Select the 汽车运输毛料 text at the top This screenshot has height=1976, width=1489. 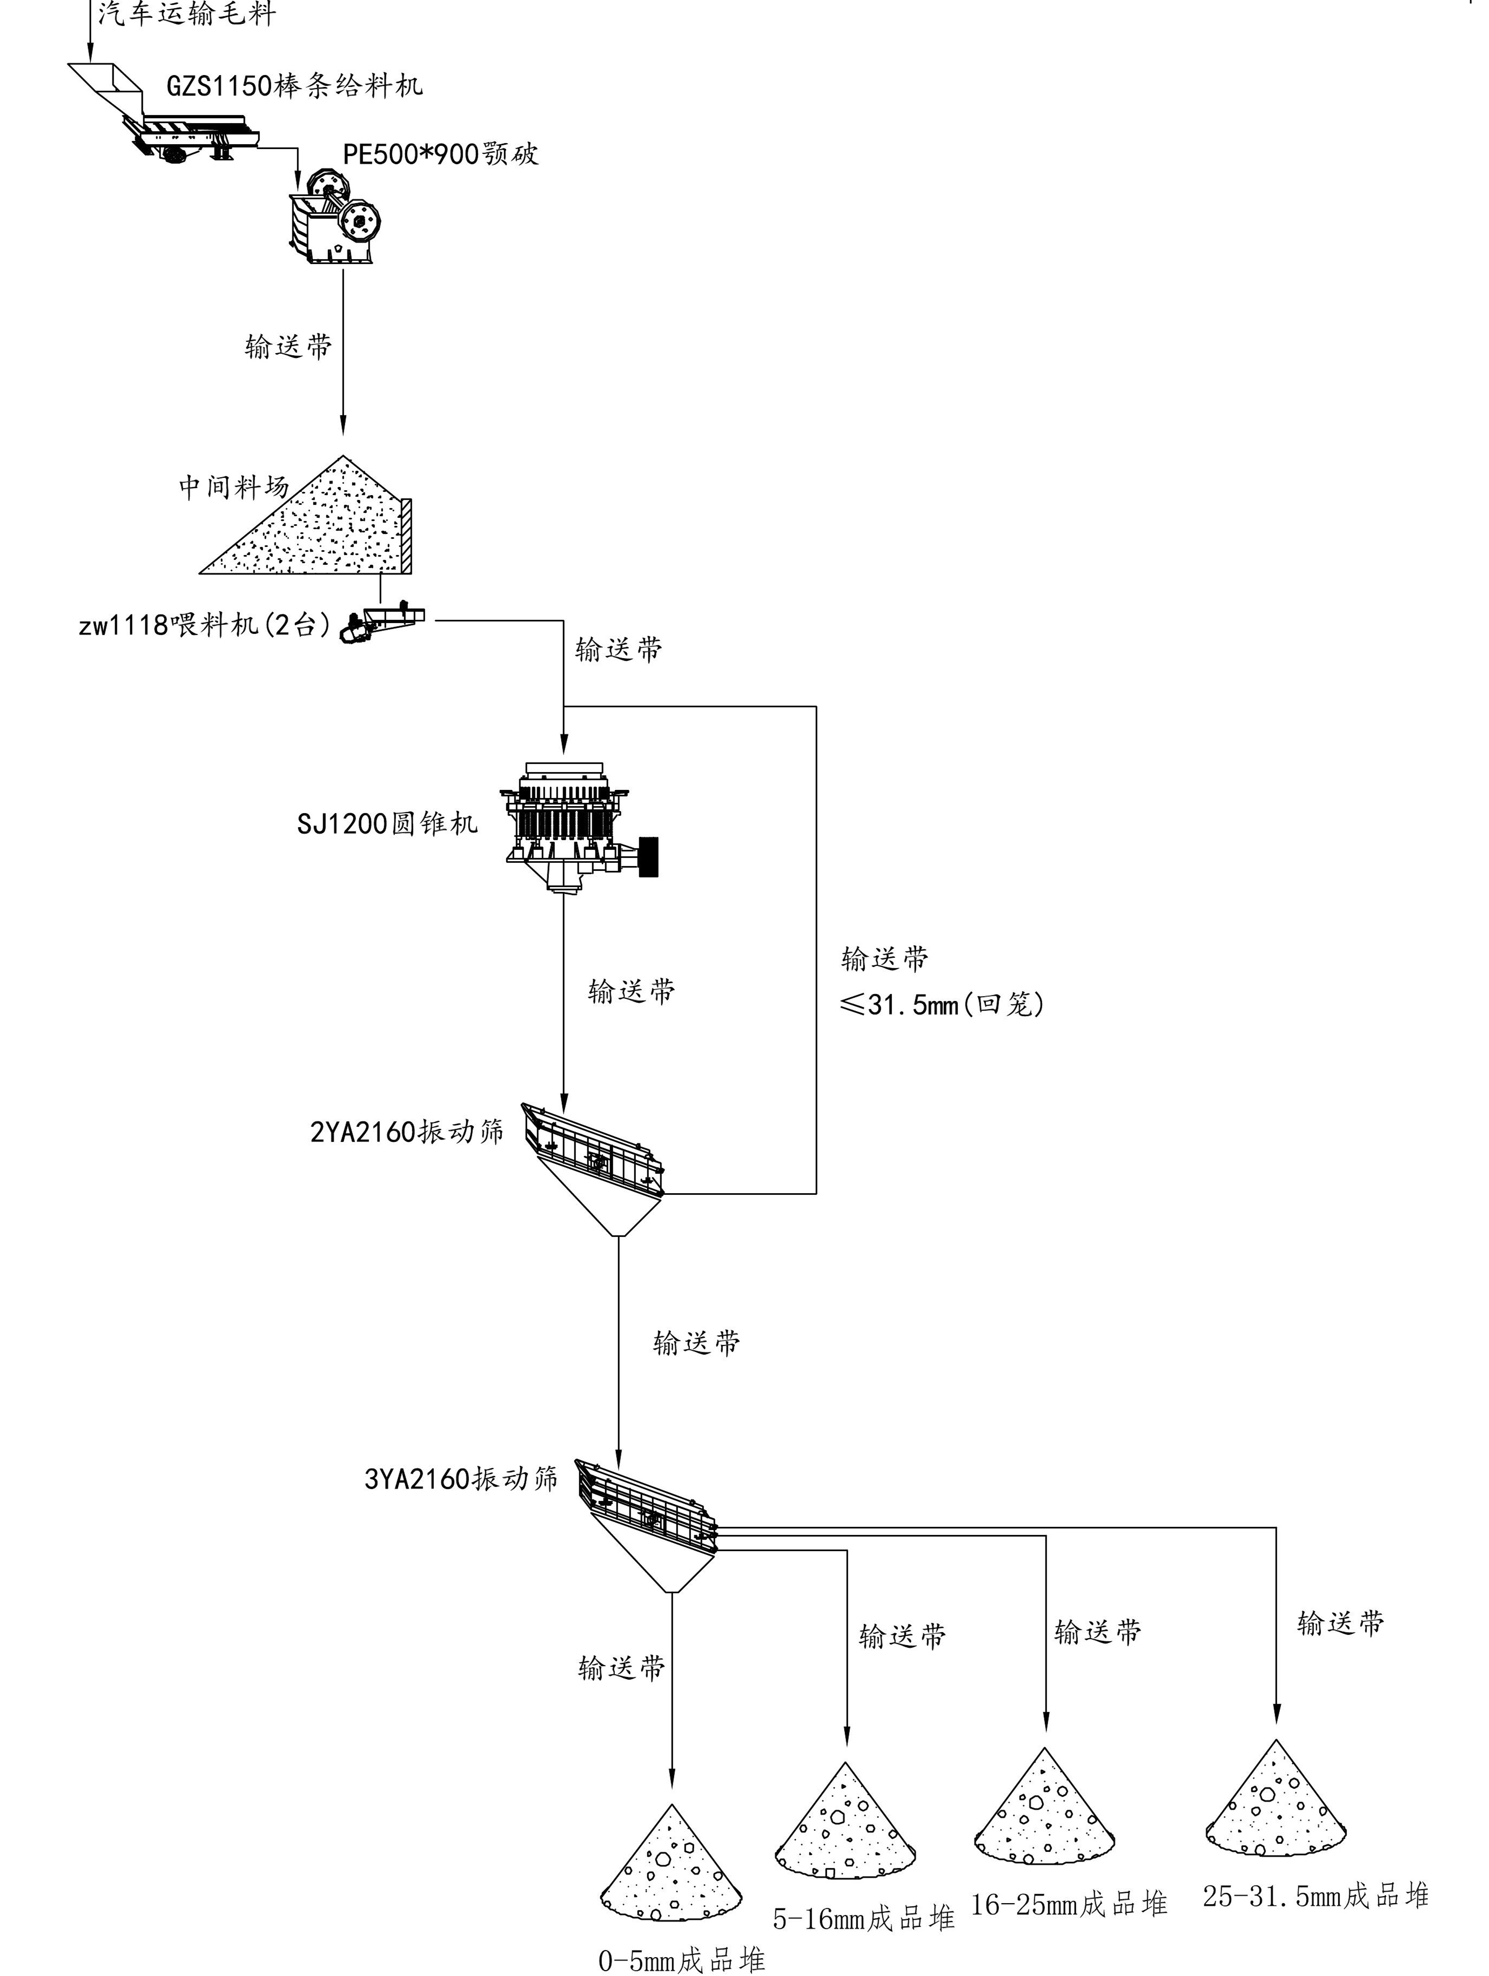pos(186,14)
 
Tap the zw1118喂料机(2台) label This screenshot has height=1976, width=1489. pos(205,625)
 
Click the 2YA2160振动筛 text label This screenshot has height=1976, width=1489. pos(407,1132)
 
